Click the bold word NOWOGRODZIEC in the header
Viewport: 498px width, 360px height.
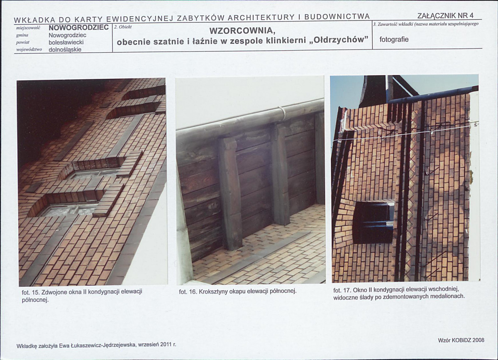(78, 27)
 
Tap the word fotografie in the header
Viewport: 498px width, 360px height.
(394, 39)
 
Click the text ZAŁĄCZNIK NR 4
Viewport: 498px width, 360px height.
(446, 16)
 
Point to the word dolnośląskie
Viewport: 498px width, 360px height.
(65, 49)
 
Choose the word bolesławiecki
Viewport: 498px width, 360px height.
(66, 42)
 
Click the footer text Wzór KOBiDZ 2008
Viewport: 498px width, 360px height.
(461, 340)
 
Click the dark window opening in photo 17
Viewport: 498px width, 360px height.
(373, 222)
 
